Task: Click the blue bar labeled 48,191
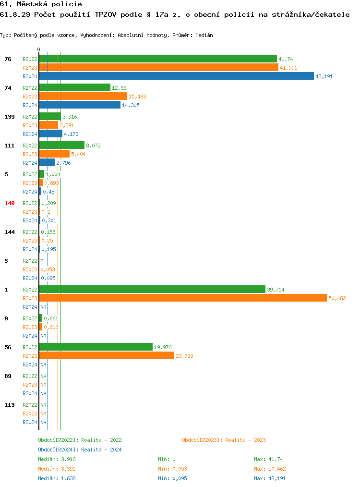183,76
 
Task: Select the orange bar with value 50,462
183,298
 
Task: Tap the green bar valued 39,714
152,290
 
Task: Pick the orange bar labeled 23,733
107,356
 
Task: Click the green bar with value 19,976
96,347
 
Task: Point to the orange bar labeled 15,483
83,97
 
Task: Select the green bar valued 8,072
61,146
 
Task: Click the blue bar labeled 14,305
80,105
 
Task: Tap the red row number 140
10,203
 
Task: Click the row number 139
10,117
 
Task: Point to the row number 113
10,405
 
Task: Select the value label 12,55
119,88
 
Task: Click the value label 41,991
288,68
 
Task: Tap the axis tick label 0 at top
39,49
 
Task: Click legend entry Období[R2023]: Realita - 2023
224,440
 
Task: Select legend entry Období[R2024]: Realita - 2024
80,450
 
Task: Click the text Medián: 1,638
57,478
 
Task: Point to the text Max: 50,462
270,469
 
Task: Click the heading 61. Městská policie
41,4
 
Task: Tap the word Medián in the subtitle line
204,35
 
